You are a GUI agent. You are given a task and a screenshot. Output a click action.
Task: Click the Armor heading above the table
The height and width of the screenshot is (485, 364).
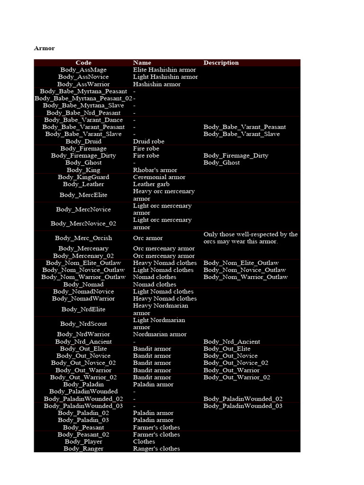coord(45,48)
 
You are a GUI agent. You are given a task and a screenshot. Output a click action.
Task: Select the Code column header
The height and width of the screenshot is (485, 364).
coord(83,63)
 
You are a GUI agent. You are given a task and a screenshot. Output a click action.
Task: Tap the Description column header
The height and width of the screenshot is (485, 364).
coord(221,63)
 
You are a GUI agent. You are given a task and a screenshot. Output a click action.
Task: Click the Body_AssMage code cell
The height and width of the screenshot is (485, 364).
coord(83,70)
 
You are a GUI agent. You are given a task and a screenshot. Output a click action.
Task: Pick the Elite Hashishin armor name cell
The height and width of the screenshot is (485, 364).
coord(164,70)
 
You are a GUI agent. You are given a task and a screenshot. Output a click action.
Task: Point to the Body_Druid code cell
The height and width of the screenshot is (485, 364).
coord(83,141)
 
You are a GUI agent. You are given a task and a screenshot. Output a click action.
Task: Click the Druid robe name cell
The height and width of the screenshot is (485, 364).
coord(149,141)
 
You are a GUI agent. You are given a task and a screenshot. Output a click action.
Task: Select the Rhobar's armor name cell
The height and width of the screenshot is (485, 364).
coord(155,170)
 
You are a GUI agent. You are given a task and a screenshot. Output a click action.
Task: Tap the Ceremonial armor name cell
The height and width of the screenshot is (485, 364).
coord(159,177)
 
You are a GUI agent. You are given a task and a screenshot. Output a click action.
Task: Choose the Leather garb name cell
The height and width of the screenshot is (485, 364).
coord(151,184)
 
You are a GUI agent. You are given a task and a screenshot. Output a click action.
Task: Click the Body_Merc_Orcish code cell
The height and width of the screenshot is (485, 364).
coord(83,238)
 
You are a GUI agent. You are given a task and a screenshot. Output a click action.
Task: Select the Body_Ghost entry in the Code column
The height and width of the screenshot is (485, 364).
coord(83,162)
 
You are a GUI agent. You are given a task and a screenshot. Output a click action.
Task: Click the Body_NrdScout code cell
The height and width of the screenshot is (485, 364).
coord(83,324)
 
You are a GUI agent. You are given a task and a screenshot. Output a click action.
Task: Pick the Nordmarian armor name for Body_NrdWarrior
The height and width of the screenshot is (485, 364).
coord(160,334)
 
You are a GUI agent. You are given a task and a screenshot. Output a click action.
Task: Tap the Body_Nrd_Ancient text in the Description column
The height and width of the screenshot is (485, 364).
coord(232,341)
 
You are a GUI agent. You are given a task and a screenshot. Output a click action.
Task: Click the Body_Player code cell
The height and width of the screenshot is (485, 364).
coord(83,441)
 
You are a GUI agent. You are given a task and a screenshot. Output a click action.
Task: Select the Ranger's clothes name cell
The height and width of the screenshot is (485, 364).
coord(156,449)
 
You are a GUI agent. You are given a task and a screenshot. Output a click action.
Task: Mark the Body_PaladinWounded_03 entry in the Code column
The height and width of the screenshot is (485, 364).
coord(83,406)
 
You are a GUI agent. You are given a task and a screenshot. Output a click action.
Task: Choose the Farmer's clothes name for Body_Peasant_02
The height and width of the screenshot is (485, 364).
coord(156,434)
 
